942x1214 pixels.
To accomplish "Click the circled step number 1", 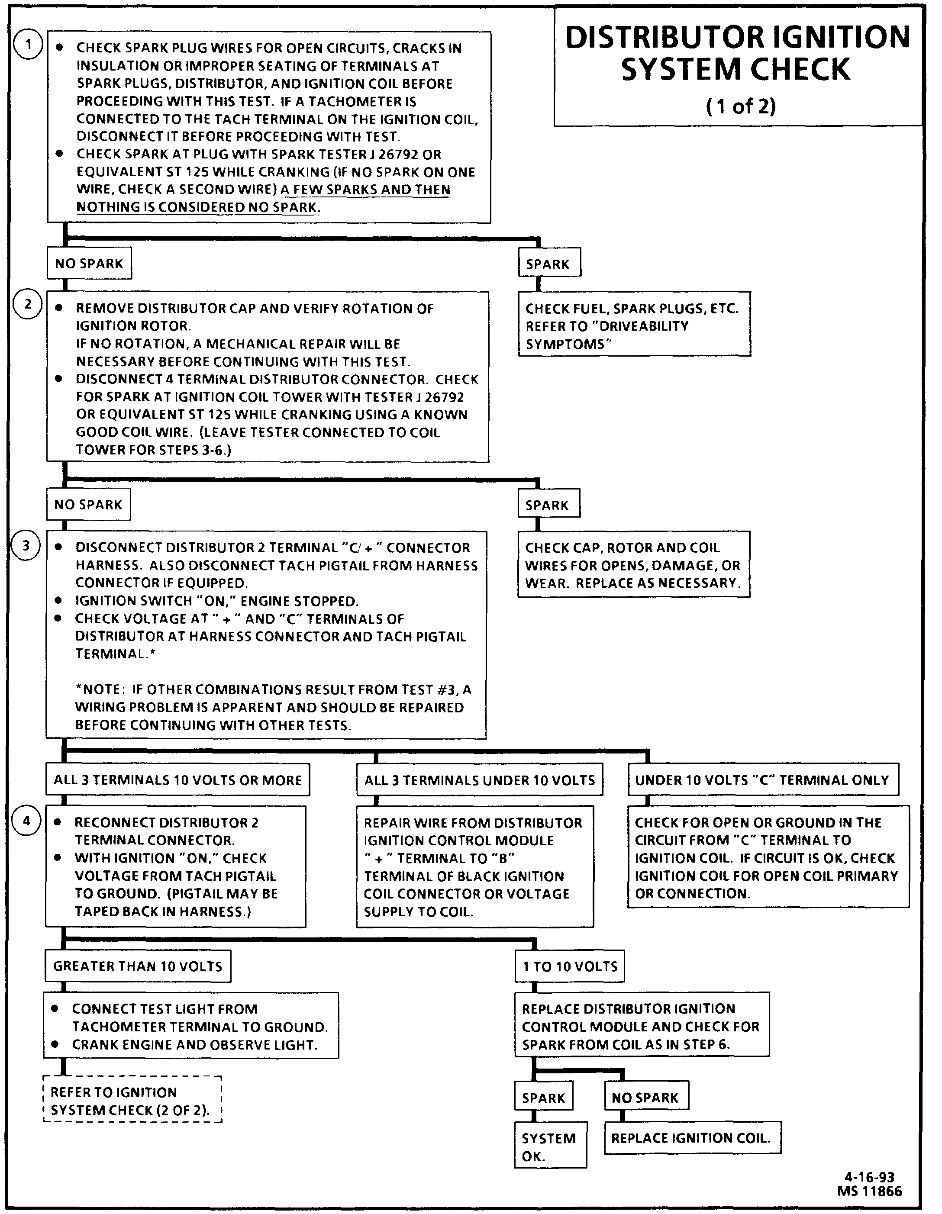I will [27, 45].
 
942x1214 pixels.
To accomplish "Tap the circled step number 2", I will [27, 305].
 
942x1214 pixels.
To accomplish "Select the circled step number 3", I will [26, 546].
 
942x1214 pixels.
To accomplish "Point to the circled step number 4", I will [26, 821].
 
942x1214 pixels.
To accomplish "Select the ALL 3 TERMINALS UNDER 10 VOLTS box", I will [479, 780].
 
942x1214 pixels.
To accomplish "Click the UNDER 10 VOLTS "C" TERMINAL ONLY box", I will [762, 780].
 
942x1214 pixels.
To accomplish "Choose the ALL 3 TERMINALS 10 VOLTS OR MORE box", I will [177, 780].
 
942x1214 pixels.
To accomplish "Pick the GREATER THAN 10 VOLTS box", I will [137, 966].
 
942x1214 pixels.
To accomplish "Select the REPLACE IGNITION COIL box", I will [692, 1138].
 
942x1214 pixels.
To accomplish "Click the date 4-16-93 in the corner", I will [869, 1177].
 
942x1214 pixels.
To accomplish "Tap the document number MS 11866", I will [869, 1190].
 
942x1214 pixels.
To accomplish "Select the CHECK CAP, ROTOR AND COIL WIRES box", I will [633, 565].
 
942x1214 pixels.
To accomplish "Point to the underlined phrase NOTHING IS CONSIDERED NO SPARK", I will [198, 207].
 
